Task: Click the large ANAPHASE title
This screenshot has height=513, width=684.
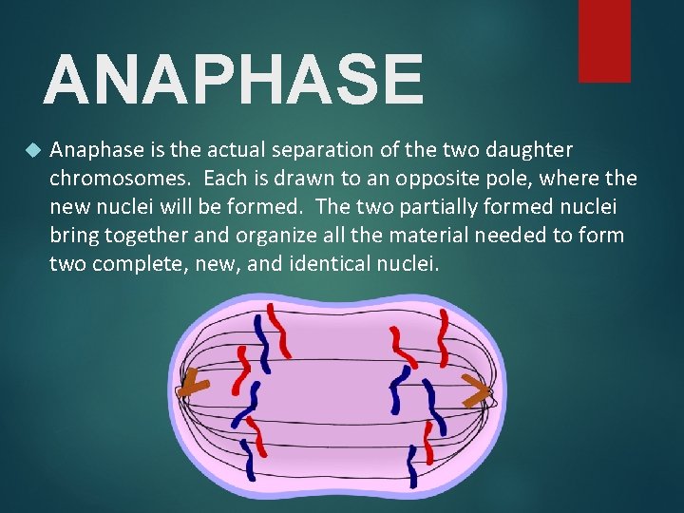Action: coord(233,80)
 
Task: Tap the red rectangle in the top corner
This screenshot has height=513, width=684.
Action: coord(604,40)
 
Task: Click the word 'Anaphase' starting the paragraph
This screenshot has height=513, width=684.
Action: coord(92,150)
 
